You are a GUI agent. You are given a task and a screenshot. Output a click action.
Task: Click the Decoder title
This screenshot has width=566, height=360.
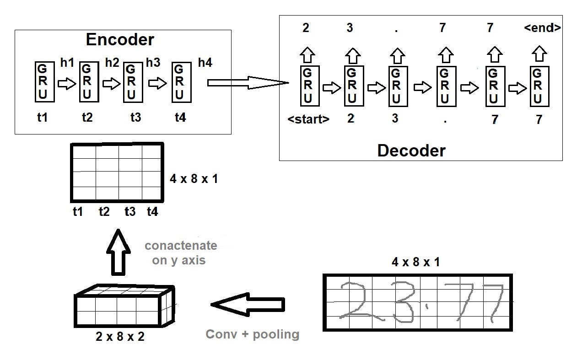coord(411,150)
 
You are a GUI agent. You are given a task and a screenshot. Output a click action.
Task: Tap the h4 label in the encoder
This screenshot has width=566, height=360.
coord(205,63)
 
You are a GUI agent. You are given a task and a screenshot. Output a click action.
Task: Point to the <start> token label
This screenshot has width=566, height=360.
coord(308,119)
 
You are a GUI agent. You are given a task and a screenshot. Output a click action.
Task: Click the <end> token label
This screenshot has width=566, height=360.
coord(542,28)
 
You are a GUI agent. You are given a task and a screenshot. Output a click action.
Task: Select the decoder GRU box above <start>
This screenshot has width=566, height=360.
coord(308,86)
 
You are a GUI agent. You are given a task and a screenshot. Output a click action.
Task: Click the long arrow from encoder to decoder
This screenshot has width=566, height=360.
coord(247,83)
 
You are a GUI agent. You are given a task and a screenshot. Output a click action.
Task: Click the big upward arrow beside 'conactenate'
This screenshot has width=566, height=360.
coord(118,253)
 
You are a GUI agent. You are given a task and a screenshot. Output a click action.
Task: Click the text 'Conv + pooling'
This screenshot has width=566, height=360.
coord(252,334)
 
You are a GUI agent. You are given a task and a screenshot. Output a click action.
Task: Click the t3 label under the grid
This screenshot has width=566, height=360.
coord(130,212)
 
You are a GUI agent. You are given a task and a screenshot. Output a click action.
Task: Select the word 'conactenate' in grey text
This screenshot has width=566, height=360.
coord(181,246)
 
